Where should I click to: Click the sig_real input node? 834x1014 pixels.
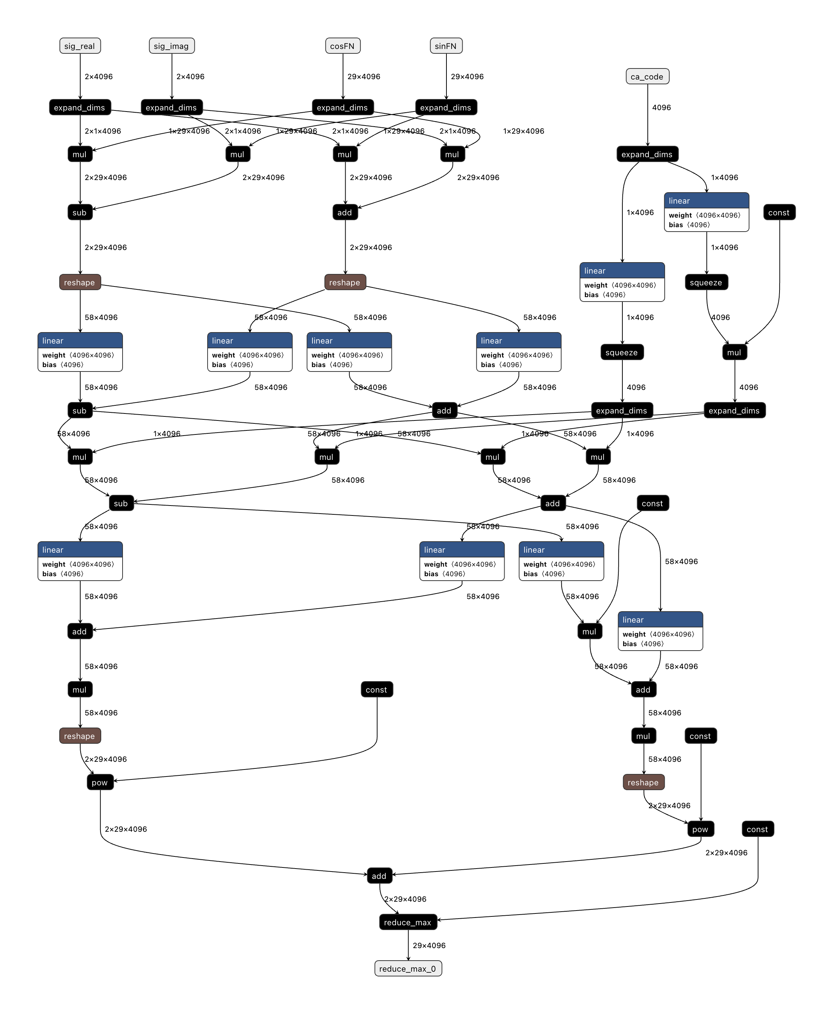click(x=80, y=46)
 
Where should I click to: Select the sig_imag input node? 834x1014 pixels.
click(x=172, y=46)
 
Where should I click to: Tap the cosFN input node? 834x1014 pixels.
click(x=343, y=46)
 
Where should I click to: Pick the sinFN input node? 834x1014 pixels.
click(x=446, y=46)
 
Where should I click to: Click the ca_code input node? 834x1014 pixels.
click(x=647, y=77)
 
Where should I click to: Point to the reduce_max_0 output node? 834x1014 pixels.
click(x=408, y=968)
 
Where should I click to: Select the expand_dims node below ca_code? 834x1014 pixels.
click(x=647, y=154)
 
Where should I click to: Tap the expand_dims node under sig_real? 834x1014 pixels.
click(x=80, y=108)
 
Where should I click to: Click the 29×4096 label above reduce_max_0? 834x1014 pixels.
click(x=429, y=945)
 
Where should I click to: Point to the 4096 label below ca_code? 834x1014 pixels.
click(x=661, y=108)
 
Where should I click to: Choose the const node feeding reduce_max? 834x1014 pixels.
click(x=757, y=829)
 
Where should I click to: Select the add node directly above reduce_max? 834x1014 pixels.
click(x=379, y=876)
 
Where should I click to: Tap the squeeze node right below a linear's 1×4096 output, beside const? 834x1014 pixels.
click(x=706, y=282)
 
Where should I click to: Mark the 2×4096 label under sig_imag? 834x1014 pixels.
click(x=190, y=77)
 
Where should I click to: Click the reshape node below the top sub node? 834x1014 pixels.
click(x=80, y=282)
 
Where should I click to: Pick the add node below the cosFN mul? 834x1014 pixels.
click(x=345, y=212)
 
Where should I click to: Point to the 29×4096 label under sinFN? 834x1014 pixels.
click(x=467, y=77)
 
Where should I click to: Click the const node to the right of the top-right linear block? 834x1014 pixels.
click(x=779, y=212)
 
